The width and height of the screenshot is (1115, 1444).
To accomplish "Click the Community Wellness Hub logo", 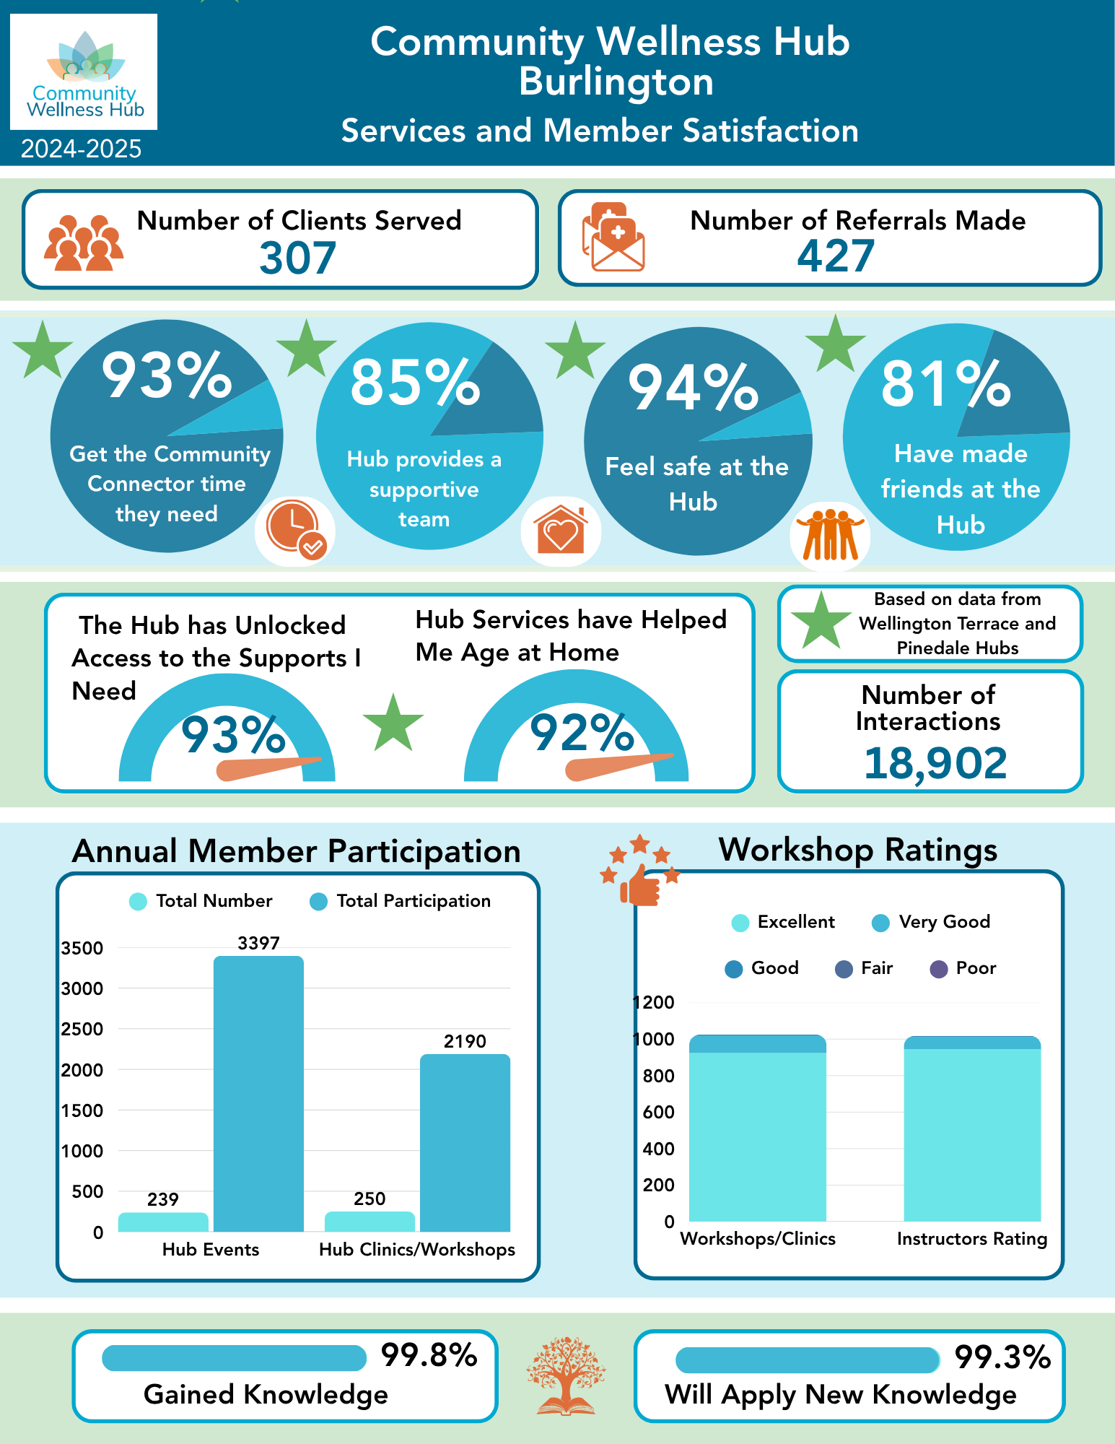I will coord(84,72).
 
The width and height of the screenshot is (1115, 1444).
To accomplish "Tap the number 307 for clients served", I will coord(297,258).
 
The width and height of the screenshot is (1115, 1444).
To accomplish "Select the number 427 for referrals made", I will coord(835,256).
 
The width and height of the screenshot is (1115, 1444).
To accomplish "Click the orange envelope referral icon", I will coord(613,238).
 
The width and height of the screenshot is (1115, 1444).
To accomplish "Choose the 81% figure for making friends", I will coord(945,384).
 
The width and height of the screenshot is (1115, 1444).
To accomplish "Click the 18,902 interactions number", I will coord(935,763).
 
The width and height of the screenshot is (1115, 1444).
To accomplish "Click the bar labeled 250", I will coord(370,1221).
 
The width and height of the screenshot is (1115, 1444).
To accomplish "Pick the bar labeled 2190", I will coord(465,1142).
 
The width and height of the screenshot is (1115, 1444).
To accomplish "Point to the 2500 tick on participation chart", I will coord(82,1029).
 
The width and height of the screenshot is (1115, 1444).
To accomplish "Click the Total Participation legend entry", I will coord(401,901).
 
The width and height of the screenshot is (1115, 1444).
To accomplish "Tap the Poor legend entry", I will coord(963,968).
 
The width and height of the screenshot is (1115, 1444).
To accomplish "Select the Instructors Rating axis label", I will coord(971,1239).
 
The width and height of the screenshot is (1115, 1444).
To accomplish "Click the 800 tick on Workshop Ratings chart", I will coord(658,1076).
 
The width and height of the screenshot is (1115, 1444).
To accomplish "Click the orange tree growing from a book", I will coord(566,1375).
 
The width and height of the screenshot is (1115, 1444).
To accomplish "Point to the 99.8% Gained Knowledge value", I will coord(429,1355).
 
